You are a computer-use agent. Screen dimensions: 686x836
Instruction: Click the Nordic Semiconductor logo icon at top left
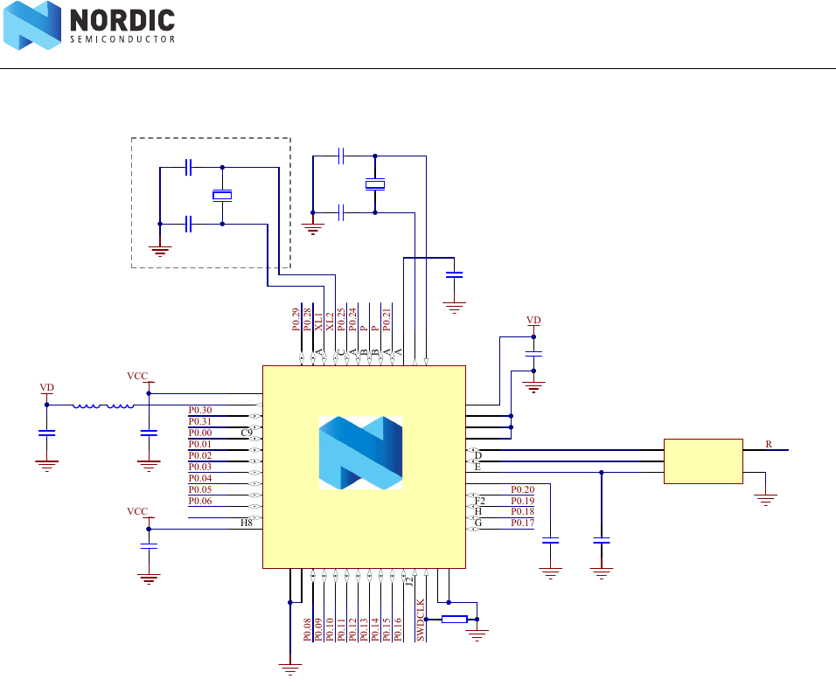click(x=32, y=25)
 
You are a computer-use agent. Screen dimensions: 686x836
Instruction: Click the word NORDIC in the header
click(x=122, y=19)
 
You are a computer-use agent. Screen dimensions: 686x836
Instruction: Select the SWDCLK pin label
click(x=421, y=620)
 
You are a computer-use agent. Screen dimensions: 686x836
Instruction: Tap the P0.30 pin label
click(x=200, y=410)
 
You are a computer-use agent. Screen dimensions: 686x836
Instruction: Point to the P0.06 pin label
click(x=200, y=501)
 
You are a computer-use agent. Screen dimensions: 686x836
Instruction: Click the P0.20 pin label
click(x=522, y=489)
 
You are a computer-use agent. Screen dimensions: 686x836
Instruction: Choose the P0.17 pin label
click(x=522, y=523)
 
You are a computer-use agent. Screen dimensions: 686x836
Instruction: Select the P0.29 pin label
click(x=296, y=319)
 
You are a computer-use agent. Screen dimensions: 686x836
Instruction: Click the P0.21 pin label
click(x=387, y=319)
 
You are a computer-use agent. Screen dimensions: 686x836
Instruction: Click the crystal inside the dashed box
click(x=223, y=196)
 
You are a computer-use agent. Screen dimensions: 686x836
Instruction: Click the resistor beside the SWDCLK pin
click(x=454, y=620)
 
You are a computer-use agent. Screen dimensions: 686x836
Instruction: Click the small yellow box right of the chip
click(x=703, y=461)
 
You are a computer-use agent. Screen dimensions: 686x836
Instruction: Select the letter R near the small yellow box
click(x=769, y=445)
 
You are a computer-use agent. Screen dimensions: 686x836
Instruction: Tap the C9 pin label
click(x=247, y=433)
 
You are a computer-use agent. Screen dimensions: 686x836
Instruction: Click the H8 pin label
click(x=247, y=523)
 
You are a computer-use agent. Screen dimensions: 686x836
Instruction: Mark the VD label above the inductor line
click(x=47, y=386)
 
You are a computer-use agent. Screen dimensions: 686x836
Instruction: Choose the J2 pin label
click(x=409, y=580)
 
